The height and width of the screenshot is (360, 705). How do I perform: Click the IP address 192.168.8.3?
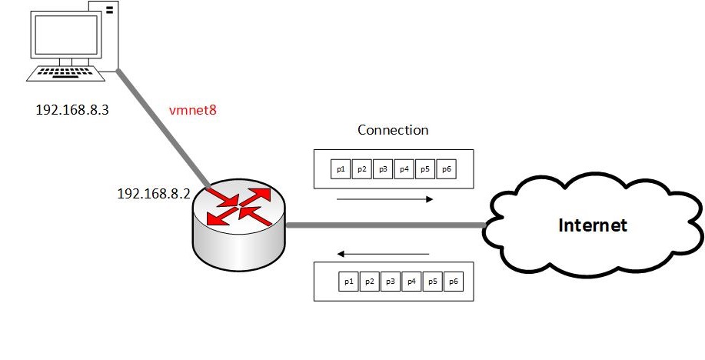(x=72, y=110)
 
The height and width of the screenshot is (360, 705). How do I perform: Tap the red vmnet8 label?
(x=193, y=110)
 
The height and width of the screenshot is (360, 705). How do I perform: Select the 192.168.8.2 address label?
(x=153, y=194)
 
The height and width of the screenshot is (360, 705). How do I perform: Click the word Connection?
(x=393, y=130)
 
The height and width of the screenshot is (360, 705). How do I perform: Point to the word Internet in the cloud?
(x=593, y=225)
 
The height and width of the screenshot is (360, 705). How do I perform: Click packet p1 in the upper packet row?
(x=341, y=169)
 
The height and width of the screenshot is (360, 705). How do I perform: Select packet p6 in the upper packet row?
(x=447, y=169)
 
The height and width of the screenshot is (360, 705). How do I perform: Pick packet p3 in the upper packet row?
(x=383, y=169)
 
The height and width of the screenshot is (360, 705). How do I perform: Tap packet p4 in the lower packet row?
(x=411, y=282)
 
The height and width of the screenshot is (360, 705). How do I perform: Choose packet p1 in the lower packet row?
(x=348, y=282)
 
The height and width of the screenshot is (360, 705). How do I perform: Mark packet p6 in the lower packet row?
(x=454, y=282)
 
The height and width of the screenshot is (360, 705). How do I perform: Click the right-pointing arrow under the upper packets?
(x=385, y=199)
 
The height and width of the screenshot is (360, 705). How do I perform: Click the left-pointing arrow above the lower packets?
(x=383, y=255)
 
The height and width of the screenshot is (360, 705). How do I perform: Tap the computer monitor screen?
(x=66, y=34)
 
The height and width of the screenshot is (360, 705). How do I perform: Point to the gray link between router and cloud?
(x=386, y=225)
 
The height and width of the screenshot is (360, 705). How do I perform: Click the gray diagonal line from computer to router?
(x=163, y=128)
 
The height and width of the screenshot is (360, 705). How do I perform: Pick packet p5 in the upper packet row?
(x=425, y=169)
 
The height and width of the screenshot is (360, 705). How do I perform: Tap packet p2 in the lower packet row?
(x=370, y=282)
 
